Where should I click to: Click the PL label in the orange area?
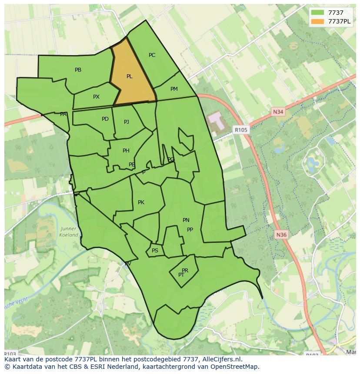[129, 76]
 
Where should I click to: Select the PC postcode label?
[152, 55]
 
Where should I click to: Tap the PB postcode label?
[78, 70]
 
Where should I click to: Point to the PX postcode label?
[96, 97]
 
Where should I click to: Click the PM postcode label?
[174, 89]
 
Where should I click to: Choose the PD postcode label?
[105, 119]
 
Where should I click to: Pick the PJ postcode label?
[127, 122]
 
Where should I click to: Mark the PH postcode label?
[126, 151]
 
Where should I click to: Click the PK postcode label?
[141, 202]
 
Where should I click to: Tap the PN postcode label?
[186, 220]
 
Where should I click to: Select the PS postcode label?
[155, 251]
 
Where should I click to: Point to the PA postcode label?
[63, 114]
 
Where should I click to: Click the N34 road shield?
[278, 112]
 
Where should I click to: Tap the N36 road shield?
[281, 235]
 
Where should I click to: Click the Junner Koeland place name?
[69, 232]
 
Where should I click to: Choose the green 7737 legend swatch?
[318, 13]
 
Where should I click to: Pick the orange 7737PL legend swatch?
[318, 21]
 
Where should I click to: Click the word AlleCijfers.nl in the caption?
[219, 359]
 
